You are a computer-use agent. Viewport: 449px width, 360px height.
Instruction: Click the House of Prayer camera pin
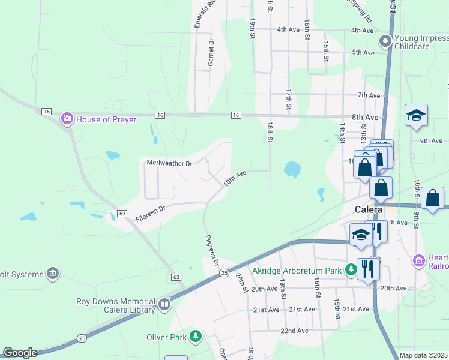[x=67, y=119]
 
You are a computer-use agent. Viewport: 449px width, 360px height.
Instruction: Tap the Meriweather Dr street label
[x=169, y=163]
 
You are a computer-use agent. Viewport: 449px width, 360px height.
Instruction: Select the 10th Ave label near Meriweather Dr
[x=235, y=178]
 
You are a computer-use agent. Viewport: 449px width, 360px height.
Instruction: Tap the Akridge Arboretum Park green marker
[x=351, y=271]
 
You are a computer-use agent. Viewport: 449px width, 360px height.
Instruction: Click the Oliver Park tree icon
[x=195, y=337]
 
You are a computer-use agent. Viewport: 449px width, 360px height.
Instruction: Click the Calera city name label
[x=369, y=210]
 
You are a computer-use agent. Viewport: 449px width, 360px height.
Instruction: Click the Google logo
[x=20, y=353]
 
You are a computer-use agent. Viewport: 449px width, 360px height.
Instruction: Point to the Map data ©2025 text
[x=424, y=355]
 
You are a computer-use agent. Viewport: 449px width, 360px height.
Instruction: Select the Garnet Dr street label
[x=211, y=53]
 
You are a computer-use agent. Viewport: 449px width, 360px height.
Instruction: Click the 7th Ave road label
[x=369, y=95]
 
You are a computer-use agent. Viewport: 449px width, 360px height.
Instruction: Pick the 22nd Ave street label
[x=294, y=331]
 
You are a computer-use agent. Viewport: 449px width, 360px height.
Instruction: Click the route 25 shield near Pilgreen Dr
[x=223, y=273]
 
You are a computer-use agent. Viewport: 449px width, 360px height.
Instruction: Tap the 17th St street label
[x=289, y=99]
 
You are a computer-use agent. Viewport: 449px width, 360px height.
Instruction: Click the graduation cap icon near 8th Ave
[x=416, y=115]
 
